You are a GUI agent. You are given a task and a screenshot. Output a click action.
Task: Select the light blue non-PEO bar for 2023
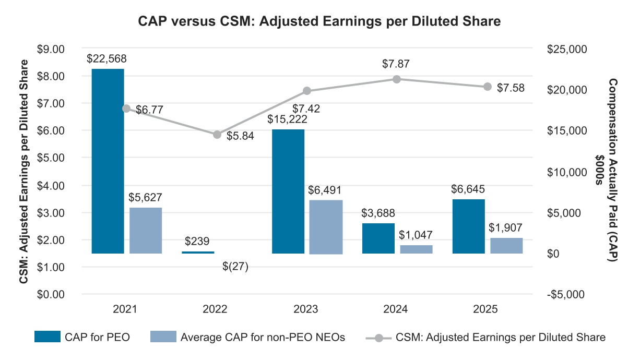coord(326,226)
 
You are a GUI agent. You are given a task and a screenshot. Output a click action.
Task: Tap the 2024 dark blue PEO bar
coord(378,238)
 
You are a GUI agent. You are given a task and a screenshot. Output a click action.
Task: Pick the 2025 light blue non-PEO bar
coord(506,246)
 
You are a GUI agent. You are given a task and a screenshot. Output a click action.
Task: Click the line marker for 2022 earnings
coord(217,135)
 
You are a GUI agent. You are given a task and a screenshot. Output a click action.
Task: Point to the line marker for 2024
coord(397,79)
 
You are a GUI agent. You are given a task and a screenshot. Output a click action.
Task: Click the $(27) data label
coord(234,267)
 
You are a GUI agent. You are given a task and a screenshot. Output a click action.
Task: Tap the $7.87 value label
coord(395,64)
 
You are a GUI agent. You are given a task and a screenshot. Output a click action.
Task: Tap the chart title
coord(319,21)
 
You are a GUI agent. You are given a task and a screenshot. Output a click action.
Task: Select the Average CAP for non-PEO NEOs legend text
coord(263,337)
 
